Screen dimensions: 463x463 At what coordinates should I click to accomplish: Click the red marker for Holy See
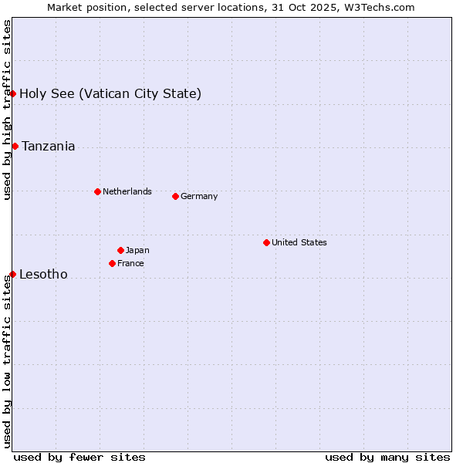point(13,93)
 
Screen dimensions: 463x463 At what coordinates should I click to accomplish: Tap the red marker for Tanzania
point(15,146)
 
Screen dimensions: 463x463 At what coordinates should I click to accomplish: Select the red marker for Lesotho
point(12,274)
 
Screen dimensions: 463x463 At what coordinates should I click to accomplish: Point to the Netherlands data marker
point(97,191)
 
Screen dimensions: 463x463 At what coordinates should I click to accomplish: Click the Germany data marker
point(175,196)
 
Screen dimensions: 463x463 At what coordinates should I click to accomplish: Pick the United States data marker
point(266,242)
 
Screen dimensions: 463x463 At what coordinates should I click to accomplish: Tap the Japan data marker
point(120,250)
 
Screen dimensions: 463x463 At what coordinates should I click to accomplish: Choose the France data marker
point(112,263)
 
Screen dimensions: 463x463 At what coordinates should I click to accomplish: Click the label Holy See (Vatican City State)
point(110,94)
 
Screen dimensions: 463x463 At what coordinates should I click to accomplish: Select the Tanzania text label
point(49,147)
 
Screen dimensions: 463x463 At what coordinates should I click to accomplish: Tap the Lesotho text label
point(43,275)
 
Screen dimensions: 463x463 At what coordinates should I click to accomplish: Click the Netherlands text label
point(127,191)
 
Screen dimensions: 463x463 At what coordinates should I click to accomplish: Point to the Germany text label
point(199,196)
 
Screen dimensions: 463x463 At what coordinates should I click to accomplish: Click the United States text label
point(299,242)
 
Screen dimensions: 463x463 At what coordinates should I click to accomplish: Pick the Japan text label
point(137,250)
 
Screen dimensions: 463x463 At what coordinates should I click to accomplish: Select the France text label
point(130,263)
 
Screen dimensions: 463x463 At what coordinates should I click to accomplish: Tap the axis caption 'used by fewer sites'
point(79,457)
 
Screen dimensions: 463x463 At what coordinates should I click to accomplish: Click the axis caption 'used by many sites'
point(387,457)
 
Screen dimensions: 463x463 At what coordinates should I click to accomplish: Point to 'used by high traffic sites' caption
point(8,110)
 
